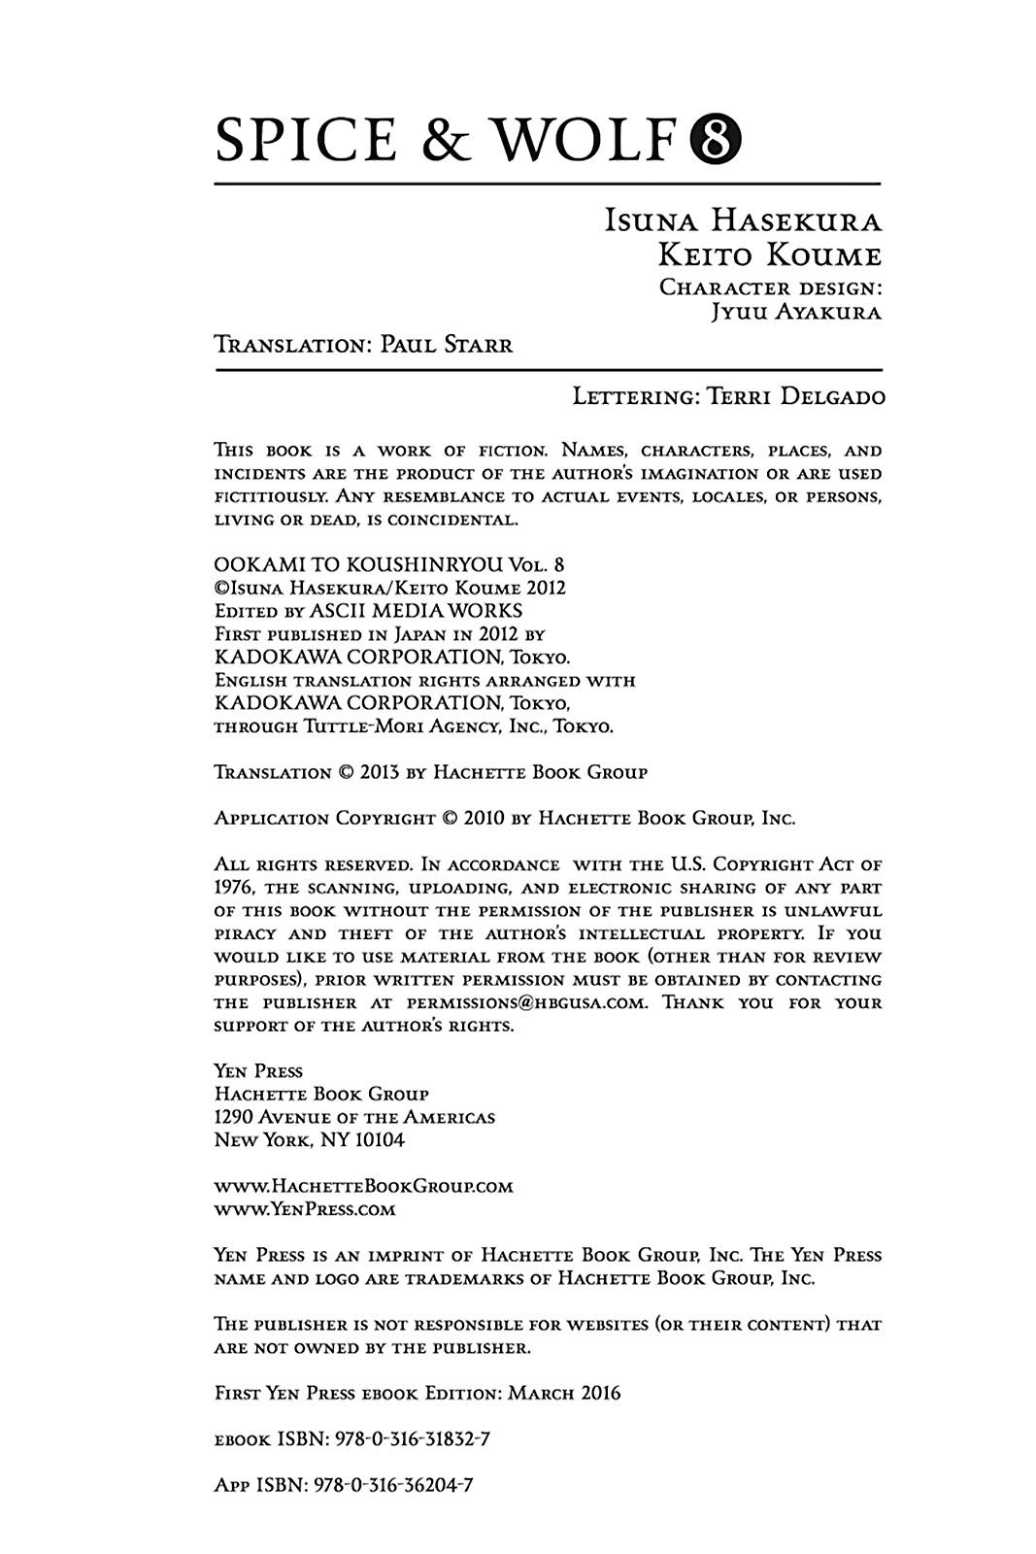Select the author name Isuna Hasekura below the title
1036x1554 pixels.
743,221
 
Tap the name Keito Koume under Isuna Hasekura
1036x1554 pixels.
769,255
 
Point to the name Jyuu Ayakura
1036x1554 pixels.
795,313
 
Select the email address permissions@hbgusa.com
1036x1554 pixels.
526,1003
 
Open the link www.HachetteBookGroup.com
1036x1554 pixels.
363,1186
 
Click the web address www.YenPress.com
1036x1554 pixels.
305,1209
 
